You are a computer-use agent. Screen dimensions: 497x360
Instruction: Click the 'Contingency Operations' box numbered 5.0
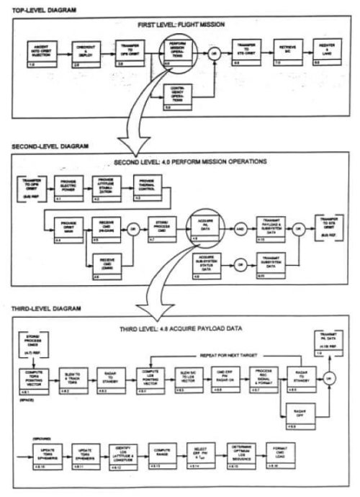point(178,91)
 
